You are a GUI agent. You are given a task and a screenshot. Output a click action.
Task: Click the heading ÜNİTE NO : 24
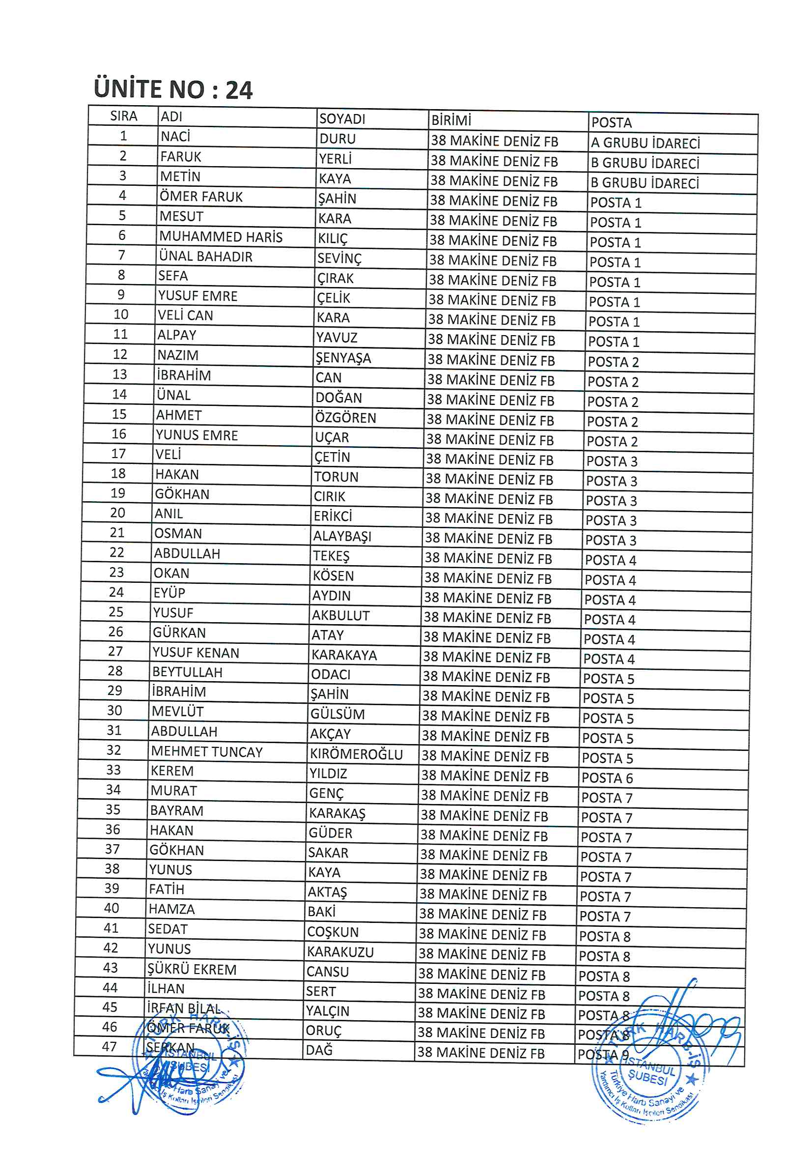173,89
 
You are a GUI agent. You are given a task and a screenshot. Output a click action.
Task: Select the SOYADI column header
342,119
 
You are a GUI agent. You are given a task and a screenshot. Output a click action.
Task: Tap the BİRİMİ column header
451,120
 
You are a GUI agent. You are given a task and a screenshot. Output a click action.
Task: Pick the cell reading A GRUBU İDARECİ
645,144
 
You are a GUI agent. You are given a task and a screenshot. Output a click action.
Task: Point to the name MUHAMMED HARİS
221,237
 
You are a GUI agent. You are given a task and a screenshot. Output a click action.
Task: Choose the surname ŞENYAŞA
343,358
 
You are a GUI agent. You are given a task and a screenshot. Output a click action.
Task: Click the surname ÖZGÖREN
345,418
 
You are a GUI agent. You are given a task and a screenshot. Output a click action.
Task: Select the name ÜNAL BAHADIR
206,257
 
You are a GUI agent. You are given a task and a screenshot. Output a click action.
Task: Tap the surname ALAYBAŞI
342,537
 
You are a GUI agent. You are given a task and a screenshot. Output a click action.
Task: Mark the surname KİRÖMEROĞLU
356,754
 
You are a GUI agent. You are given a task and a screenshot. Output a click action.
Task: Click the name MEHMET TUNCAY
207,751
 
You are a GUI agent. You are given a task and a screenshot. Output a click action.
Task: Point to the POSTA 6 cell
607,778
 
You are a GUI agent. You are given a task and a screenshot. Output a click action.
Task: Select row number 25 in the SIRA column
116,612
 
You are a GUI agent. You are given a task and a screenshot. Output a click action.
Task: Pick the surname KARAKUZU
340,952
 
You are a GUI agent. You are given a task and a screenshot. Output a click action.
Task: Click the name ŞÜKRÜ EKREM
191,969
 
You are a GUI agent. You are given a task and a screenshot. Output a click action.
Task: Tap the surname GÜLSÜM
337,714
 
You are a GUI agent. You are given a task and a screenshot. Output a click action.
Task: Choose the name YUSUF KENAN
196,653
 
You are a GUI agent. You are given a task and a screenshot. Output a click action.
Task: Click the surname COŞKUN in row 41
333,932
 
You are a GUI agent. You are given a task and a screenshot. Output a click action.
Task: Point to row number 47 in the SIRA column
109,1046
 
